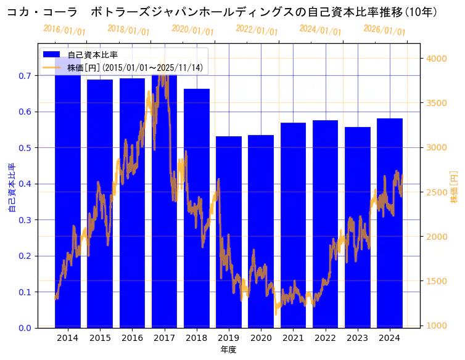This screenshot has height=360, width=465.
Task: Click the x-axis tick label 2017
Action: pyautogui.click(x=165, y=338)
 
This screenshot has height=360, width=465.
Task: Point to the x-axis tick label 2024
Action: pyautogui.click(x=390, y=338)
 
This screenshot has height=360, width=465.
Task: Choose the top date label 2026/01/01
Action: pyautogui.click(x=385, y=30)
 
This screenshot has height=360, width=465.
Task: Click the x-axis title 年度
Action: pyautogui.click(x=228, y=350)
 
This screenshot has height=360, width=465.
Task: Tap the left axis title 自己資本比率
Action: pyautogui.click(x=12, y=187)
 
